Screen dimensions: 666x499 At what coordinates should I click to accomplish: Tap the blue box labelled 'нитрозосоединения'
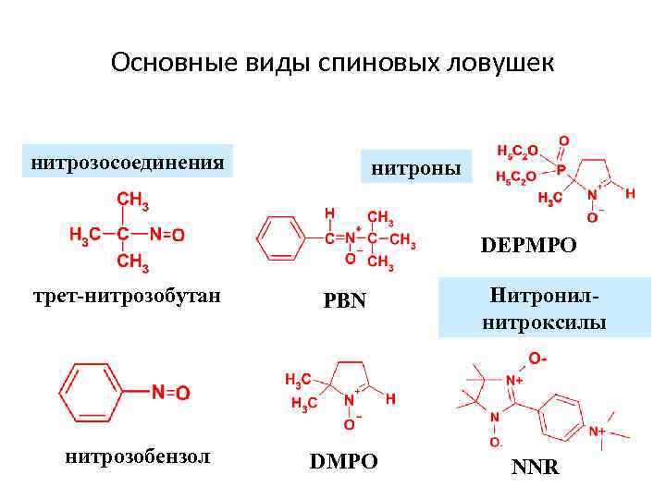click(128, 163)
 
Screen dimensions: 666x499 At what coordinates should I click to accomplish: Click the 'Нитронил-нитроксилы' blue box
click(544, 309)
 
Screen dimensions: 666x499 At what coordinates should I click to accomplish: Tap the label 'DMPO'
click(343, 461)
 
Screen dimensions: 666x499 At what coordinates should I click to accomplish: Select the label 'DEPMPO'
click(528, 246)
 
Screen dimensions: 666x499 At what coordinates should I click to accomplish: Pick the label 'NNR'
click(535, 467)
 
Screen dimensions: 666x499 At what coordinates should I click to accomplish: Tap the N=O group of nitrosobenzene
click(171, 393)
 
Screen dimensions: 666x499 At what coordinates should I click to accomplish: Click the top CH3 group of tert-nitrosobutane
click(131, 200)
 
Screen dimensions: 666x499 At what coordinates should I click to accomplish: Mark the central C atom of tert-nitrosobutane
click(121, 235)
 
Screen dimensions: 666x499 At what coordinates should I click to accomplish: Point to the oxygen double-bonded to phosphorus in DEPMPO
click(563, 141)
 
